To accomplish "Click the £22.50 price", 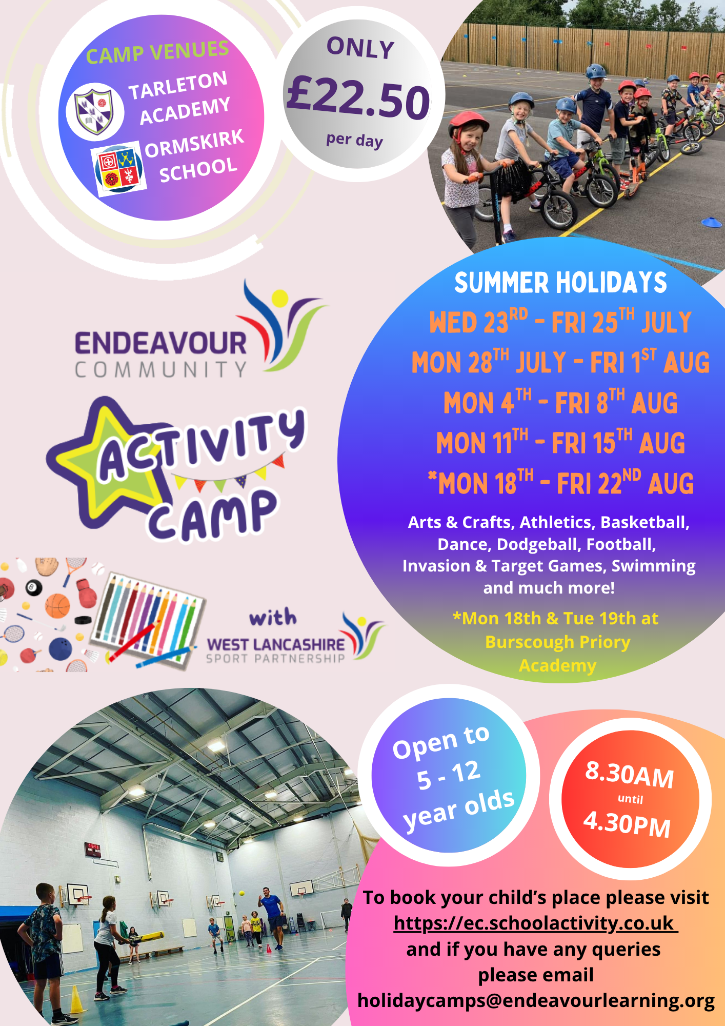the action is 358,97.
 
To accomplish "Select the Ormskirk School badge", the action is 118,169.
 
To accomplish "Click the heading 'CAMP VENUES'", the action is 157,52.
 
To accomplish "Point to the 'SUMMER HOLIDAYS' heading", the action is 560,283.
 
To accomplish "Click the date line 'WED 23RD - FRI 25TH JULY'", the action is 560,322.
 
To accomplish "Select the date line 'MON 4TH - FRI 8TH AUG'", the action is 560,402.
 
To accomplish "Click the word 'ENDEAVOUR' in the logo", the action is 161,343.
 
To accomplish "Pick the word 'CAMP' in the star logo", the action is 212,516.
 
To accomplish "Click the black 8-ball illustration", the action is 34,587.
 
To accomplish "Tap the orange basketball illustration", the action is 57,606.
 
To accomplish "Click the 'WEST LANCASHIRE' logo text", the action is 276,644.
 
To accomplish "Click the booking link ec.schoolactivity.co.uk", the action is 535,923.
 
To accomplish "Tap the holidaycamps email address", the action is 536,1001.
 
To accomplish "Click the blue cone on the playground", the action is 711,222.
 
